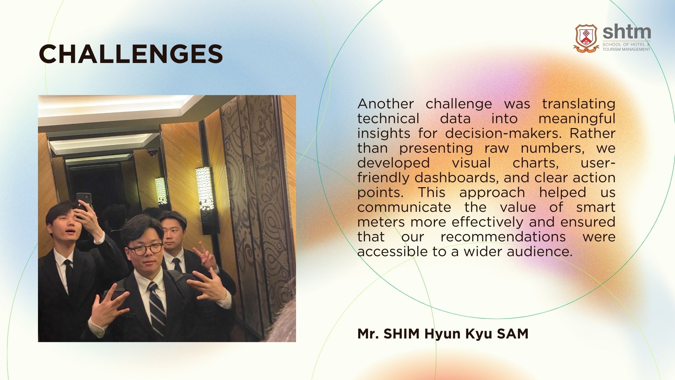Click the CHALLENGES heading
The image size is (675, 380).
pos(131,54)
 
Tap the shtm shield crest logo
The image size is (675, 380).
pos(586,38)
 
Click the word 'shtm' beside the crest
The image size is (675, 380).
pos(626,32)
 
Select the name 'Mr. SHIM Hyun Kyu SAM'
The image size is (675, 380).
pos(443,334)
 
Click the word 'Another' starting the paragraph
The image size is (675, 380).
pos(386,104)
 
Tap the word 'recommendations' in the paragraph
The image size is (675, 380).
pos(503,237)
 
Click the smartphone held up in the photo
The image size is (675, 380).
pos(83,203)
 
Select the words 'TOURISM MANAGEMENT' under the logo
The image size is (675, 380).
pos(626,49)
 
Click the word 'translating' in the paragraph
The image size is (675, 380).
pos(579,104)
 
